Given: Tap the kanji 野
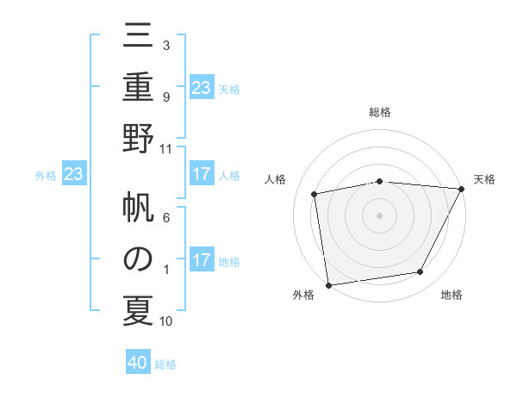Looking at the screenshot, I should (x=139, y=138).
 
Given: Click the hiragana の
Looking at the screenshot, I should (x=139, y=259).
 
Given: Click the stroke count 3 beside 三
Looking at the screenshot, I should (x=165, y=44).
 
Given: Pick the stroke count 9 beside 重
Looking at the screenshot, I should (x=165, y=97).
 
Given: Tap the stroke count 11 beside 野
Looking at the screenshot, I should (x=166, y=148).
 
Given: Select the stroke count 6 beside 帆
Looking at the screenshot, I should (x=165, y=218).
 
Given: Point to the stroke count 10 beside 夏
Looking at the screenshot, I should (x=166, y=321).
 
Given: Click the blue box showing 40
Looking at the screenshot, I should (x=138, y=363).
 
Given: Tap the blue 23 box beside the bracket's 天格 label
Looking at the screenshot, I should (x=201, y=88).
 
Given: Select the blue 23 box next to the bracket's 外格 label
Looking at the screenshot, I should (x=73, y=175).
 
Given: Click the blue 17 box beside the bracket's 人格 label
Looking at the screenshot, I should (x=201, y=175).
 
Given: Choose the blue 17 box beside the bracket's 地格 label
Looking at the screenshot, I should (x=201, y=261).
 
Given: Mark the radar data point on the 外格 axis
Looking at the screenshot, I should (x=328, y=284).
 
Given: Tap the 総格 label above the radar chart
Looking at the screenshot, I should (x=379, y=112).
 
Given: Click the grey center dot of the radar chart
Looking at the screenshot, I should (x=379, y=215).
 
